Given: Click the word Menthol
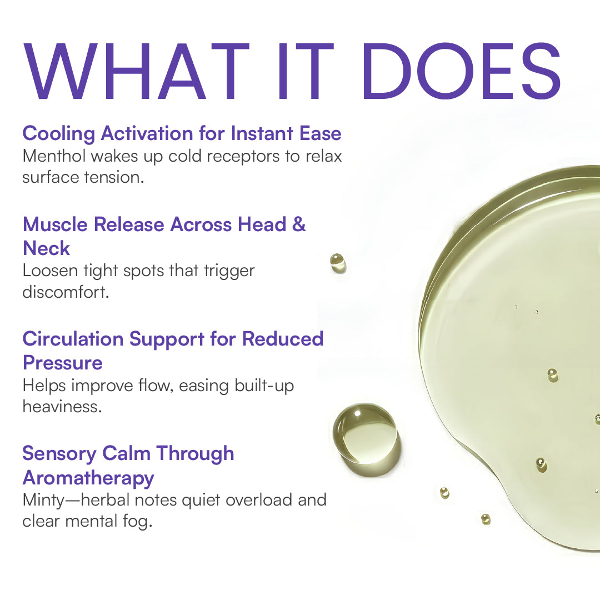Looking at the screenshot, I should tap(54, 156).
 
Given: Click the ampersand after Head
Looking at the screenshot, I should tap(299, 225).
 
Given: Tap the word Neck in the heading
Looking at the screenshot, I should tap(46, 248).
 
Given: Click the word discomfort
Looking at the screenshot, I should tap(66, 292).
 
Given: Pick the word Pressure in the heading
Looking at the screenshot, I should tap(62, 363).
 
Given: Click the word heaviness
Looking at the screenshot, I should tap(62, 406).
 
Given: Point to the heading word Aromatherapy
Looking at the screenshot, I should tap(88, 477).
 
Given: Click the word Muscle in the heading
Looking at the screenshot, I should tap(55, 225).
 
